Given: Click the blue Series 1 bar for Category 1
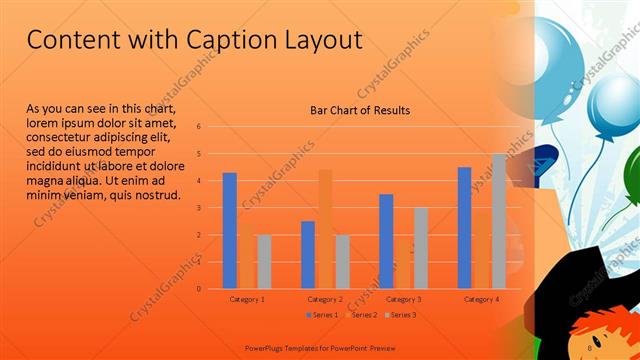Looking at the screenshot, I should [229, 231].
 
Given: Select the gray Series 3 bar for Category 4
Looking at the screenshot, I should [499, 222].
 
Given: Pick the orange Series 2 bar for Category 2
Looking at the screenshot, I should [325, 229].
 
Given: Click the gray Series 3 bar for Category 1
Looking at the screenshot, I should [264, 262].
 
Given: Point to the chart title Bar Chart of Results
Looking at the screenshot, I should [360, 110].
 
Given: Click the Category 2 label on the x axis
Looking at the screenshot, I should [326, 299].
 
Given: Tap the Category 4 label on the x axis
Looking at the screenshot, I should [482, 299].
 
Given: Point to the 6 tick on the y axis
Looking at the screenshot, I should [200, 127].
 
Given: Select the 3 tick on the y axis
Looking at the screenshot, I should [200, 208].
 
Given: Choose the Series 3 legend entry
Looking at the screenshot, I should [401, 315].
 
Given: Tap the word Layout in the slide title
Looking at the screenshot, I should [321, 40].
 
